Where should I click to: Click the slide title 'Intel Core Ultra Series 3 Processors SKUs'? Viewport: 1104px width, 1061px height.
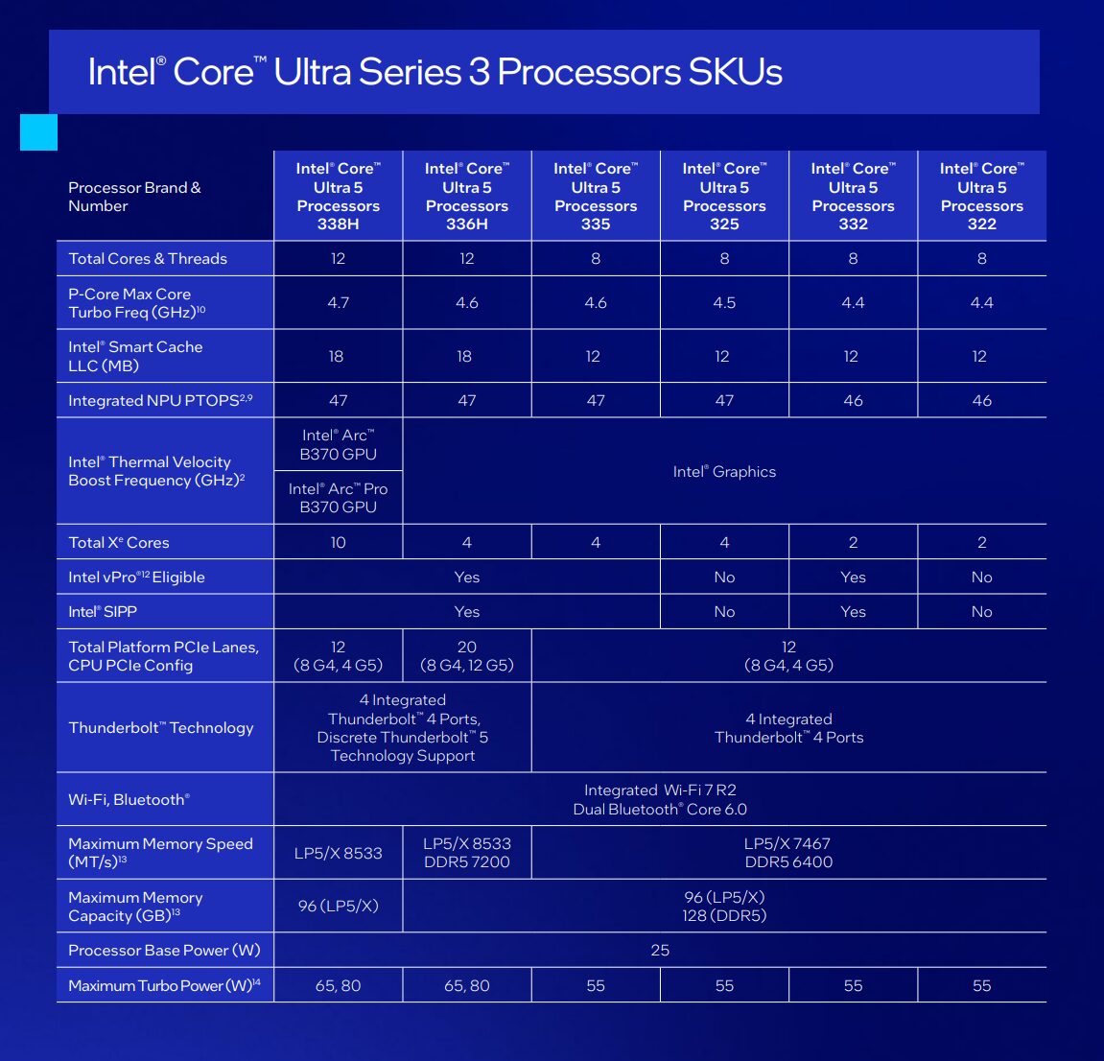[x=435, y=72]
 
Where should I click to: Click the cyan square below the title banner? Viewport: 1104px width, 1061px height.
[x=38, y=132]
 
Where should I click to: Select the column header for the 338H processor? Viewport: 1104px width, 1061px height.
[x=338, y=196]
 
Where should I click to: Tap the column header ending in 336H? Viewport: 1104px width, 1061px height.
[x=467, y=196]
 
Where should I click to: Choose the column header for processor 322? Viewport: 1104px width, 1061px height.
[x=981, y=196]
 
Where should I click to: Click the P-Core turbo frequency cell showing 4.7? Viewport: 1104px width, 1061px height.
[x=338, y=303]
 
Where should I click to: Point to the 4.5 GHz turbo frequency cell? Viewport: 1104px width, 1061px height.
[x=724, y=303]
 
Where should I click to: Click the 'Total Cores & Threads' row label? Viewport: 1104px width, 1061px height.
[x=148, y=259]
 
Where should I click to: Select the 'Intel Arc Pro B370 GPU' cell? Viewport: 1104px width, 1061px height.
[x=338, y=498]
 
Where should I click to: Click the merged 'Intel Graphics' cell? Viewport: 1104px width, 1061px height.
[x=724, y=472]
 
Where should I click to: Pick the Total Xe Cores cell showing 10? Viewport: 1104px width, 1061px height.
[x=338, y=543]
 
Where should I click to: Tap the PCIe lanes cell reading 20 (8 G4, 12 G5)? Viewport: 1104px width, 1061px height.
[x=467, y=656]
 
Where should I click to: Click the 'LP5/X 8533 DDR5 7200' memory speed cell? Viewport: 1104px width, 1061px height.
[x=467, y=853]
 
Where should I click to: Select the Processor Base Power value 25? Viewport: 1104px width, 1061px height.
[x=660, y=951]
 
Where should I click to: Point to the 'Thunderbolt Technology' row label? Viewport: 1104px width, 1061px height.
[x=161, y=728]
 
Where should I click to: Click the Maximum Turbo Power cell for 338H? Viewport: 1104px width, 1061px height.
[x=338, y=986]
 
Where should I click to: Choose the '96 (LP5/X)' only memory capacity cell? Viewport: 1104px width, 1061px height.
[x=338, y=906]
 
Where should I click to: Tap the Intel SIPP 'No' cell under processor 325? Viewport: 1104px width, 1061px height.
[x=724, y=612]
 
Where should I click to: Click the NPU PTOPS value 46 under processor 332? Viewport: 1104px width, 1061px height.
[x=853, y=401]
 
